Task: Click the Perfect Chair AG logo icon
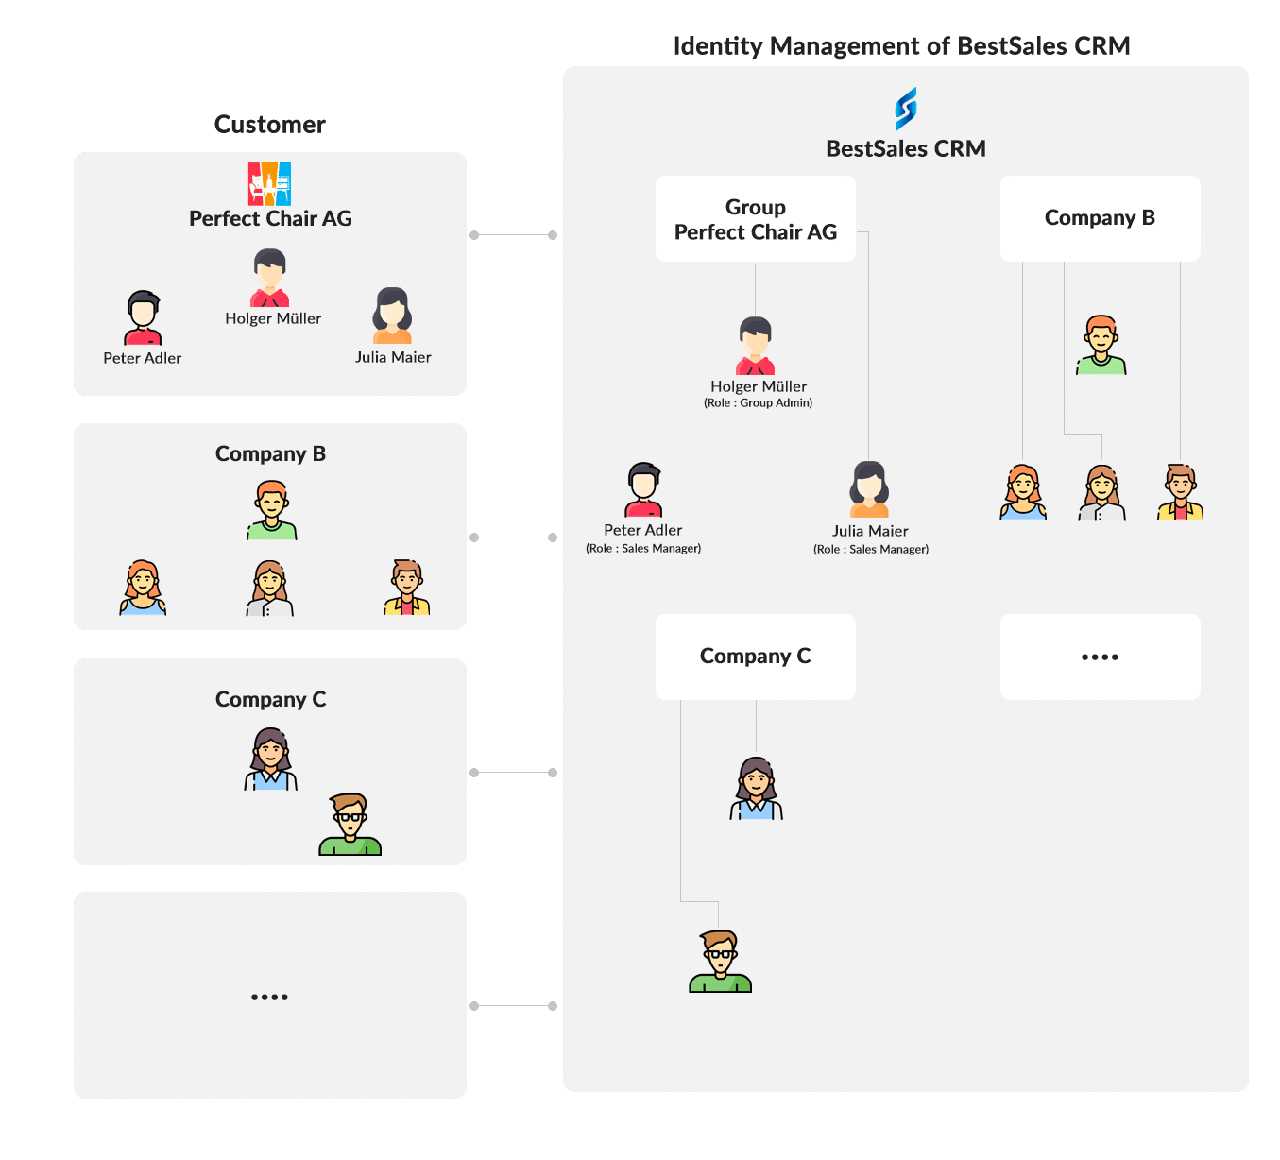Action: (269, 183)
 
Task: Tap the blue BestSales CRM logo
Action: (905, 109)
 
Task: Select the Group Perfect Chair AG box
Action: (756, 219)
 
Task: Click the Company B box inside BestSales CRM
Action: (1100, 218)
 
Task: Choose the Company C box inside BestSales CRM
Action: (756, 657)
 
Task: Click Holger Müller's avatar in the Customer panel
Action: (270, 278)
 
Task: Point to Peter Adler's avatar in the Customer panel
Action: (143, 317)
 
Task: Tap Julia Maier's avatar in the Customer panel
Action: (392, 316)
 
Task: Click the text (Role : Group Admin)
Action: (758, 403)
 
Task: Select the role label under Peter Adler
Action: (643, 549)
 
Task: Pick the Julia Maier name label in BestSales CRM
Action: (870, 531)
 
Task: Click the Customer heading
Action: (269, 125)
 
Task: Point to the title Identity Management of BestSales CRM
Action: (901, 46)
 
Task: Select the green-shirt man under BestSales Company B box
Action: (1101, 345)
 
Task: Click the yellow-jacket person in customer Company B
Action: (407, 588)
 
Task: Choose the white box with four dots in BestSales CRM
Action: (1100, 657)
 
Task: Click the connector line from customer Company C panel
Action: (514, 773)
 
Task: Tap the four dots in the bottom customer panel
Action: (269, 997)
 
